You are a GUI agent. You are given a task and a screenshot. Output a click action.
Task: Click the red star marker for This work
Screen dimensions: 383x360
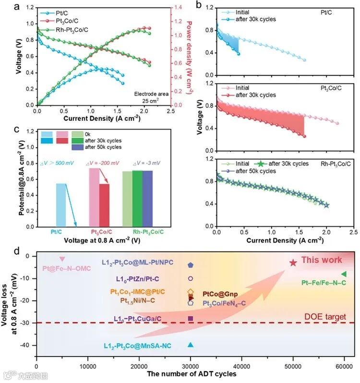point(293,262)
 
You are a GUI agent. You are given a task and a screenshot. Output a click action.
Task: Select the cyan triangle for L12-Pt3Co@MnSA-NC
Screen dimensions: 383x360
point(191,345)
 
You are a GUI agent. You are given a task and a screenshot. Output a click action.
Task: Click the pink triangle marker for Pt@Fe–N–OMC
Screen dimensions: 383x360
point(62,259)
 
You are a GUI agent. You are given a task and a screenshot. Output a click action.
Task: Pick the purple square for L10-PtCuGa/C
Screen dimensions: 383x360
point(191,318)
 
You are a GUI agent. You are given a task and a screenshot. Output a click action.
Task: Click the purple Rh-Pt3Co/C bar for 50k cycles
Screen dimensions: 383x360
point(147,198)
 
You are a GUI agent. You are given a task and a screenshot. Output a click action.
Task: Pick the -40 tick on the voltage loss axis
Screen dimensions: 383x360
point(28,345)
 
